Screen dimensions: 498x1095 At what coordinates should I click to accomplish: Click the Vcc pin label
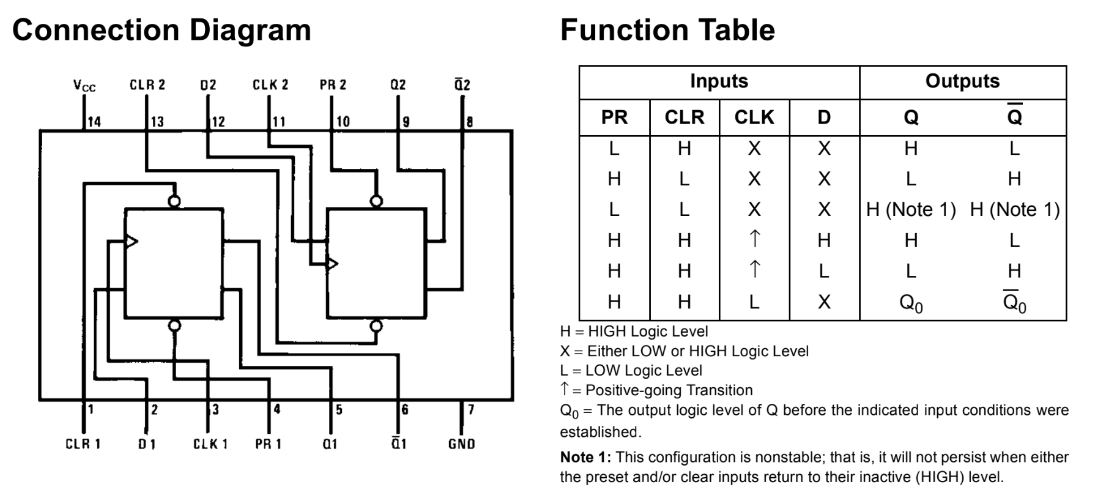pos(84,86)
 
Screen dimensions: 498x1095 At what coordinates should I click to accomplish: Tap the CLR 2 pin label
pos(147,84)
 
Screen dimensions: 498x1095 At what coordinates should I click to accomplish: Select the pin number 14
pos(94,122)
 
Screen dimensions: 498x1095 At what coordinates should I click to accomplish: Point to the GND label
pos(461,444)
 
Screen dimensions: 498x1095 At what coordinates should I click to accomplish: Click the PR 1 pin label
pos(268,444)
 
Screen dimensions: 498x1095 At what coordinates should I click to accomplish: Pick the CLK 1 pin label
pos(210,444)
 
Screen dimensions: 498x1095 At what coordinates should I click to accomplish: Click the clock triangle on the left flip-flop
pos(131,241)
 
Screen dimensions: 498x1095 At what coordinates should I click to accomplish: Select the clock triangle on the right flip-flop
pos(332,264)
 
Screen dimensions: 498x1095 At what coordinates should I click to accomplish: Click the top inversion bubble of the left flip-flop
pos(174,201)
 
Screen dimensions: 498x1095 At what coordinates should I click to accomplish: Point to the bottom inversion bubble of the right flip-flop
pos(376,326)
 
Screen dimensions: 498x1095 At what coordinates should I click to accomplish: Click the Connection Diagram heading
pos(161,30)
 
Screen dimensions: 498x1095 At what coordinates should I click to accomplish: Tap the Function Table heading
pos(667,30)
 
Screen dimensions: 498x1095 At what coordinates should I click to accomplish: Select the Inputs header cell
pos(719,81)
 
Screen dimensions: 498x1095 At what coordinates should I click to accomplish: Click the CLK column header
pos(754,117)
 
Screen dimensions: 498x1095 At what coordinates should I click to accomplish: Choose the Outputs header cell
pos(962,81)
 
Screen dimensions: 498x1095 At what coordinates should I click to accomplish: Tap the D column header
pos(824,117)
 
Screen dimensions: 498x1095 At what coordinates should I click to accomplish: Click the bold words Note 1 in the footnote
pos(585,458)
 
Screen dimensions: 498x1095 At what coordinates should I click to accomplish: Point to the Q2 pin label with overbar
pos(462,84)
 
